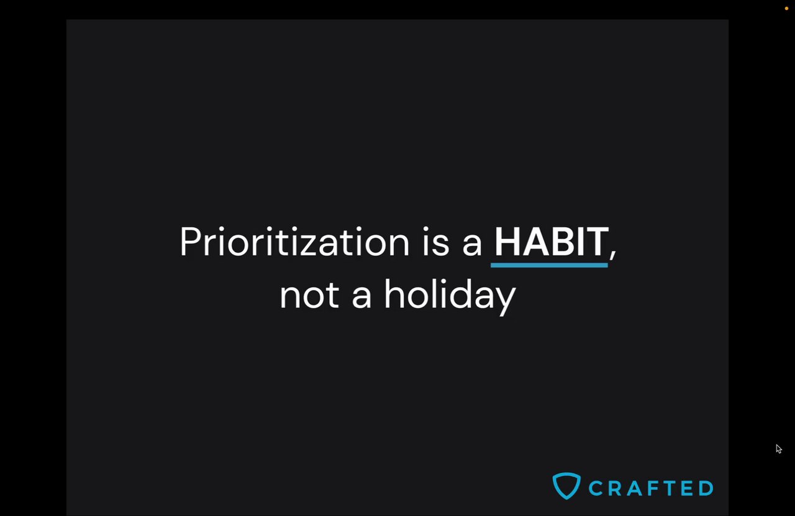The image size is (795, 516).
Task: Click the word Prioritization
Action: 294,241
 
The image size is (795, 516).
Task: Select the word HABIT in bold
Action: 552,242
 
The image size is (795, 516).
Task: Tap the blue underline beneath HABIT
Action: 549,265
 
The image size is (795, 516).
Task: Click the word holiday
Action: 450,297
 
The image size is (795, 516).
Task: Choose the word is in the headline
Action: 436,242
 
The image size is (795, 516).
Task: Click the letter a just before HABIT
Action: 472,245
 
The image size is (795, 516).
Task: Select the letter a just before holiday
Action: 361,299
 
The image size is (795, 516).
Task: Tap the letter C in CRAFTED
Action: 596,488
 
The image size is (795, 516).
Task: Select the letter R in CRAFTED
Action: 615,488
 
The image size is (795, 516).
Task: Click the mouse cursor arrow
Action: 778,448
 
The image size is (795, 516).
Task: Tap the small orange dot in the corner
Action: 786,9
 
